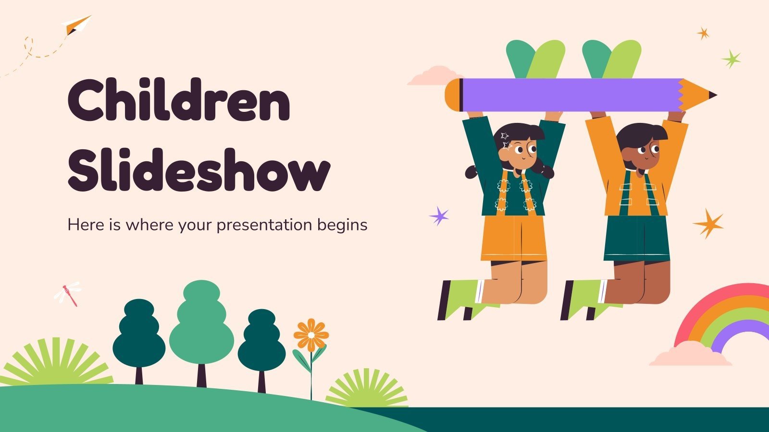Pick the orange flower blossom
311,335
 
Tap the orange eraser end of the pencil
452,95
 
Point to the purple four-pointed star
439,216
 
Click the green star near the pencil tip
731,59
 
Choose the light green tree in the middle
201,322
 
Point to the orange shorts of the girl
514,238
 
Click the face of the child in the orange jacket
644,149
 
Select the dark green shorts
636,238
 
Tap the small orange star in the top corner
704,33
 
